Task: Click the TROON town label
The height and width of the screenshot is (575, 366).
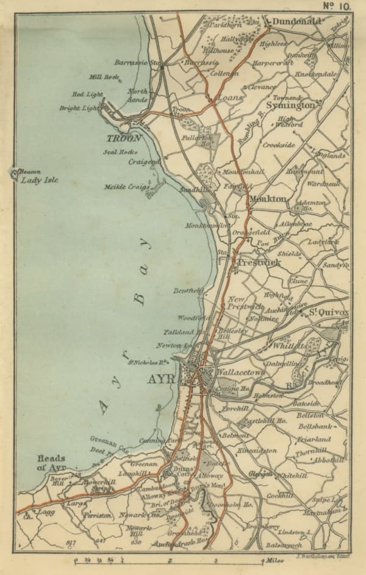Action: (124, 138)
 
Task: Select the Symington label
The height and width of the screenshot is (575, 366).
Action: (291, 105)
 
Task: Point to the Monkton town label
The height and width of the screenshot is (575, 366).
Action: (267, 199)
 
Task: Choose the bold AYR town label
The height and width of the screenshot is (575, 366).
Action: (160, 379)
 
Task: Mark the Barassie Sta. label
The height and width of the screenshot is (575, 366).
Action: (138, 62)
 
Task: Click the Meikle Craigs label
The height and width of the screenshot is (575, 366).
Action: (127, 187)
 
